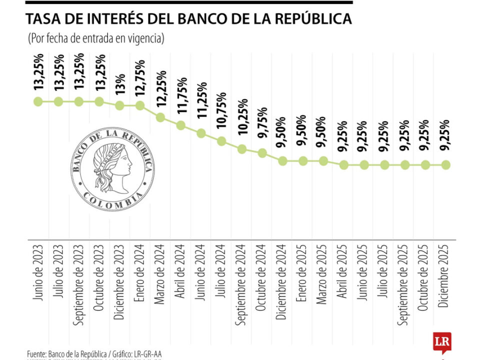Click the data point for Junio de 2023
pos(38,101)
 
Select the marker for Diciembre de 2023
pos(119,105)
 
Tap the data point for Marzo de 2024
pos(160,117)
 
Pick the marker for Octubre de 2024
pos(262,153)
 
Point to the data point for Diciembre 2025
pos(446,164)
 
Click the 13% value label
pos(120,85)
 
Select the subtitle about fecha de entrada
pos(93,38)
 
